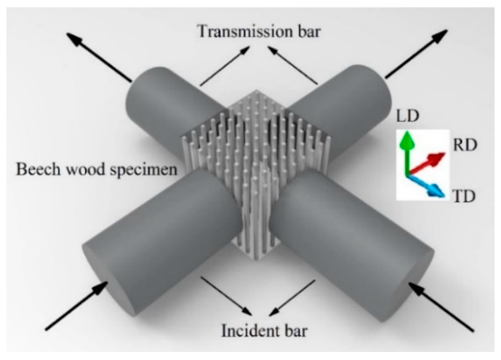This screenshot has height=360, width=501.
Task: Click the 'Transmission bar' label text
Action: [259, 32]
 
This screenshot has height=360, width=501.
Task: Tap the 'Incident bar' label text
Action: [264, 331]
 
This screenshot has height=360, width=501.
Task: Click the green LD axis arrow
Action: [407, 150]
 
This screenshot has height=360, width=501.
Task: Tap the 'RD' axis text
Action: [465, 145]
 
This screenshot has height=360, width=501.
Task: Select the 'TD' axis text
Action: [464, 196]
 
